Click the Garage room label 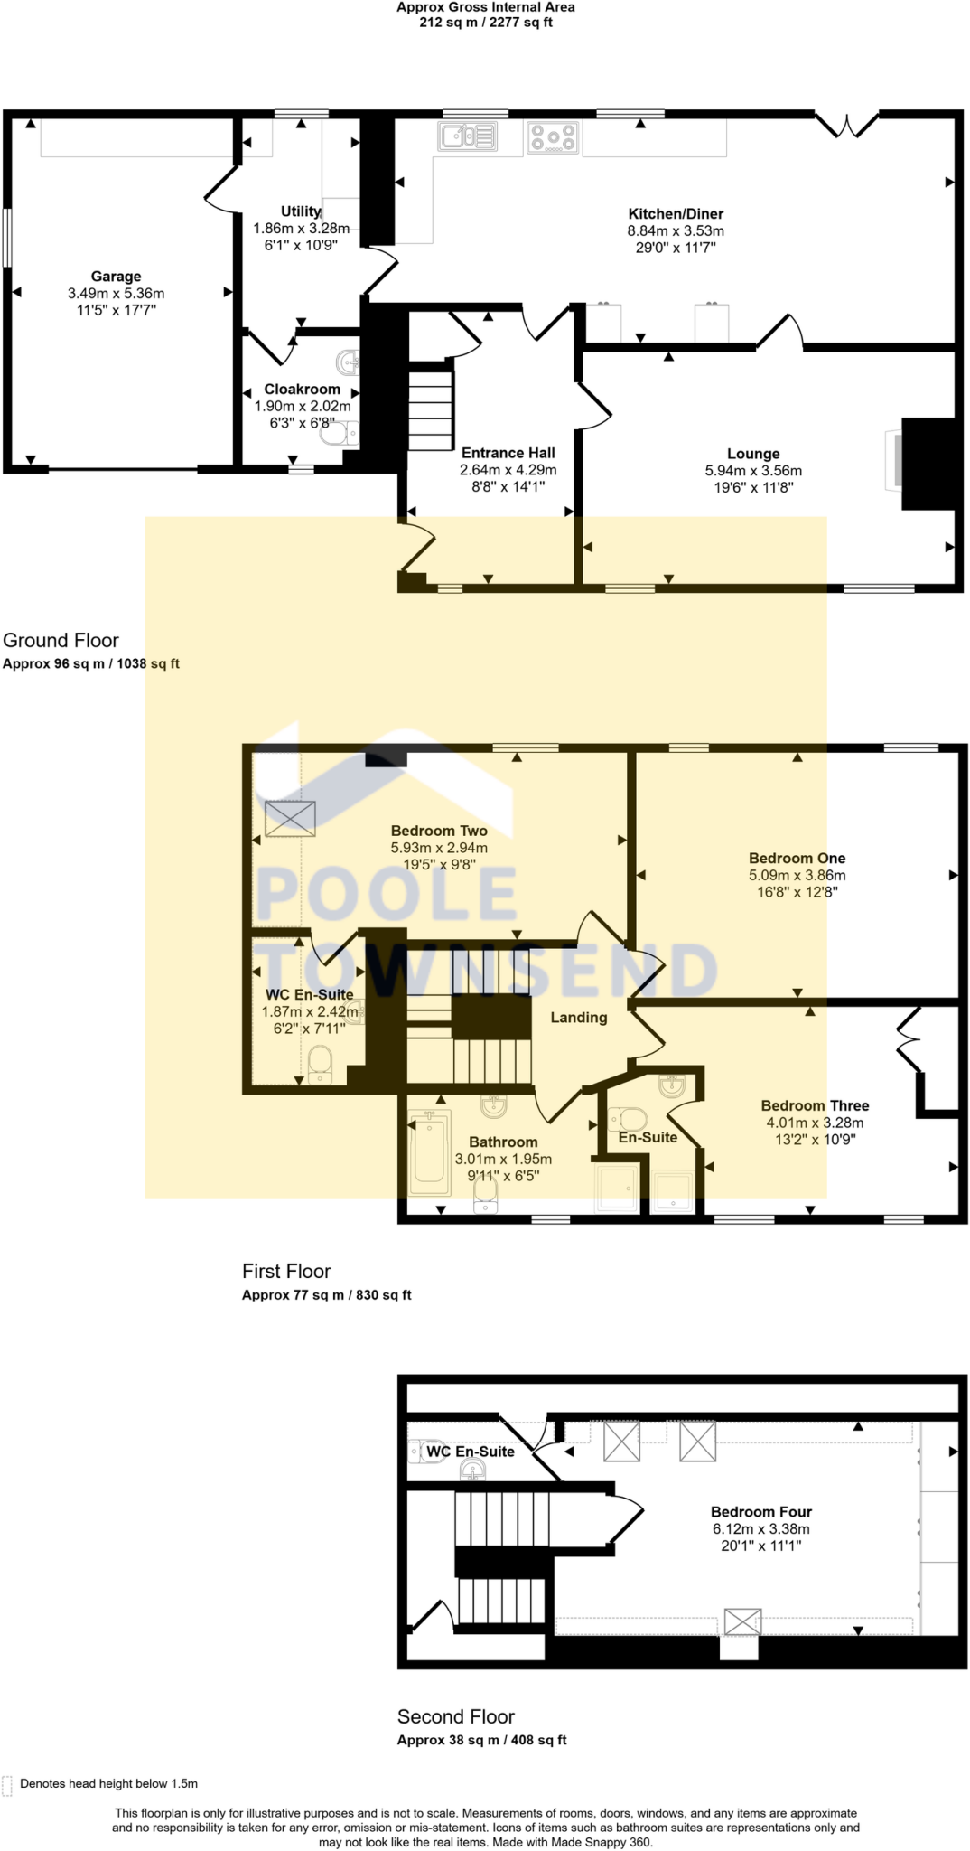tap(116, 277)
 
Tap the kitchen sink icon tap(467, 136)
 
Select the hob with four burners tap(552, 137)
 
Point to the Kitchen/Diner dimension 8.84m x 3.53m tap(676, 230)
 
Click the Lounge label tap(753, 454)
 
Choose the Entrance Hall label tap(508, 453)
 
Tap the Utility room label tap(301, 211)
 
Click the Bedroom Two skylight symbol tap(291, 818)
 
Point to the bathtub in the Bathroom tap(429, 1151)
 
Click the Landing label tap(579, 1018)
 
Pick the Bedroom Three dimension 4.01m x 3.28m tap(815, 1123)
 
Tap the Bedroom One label tap(797, 858)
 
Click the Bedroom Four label tap(760, 1511)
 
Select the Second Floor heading tap(455, 1716)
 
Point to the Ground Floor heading tap(61, 640)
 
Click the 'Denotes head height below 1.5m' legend tap(108, 1783)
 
